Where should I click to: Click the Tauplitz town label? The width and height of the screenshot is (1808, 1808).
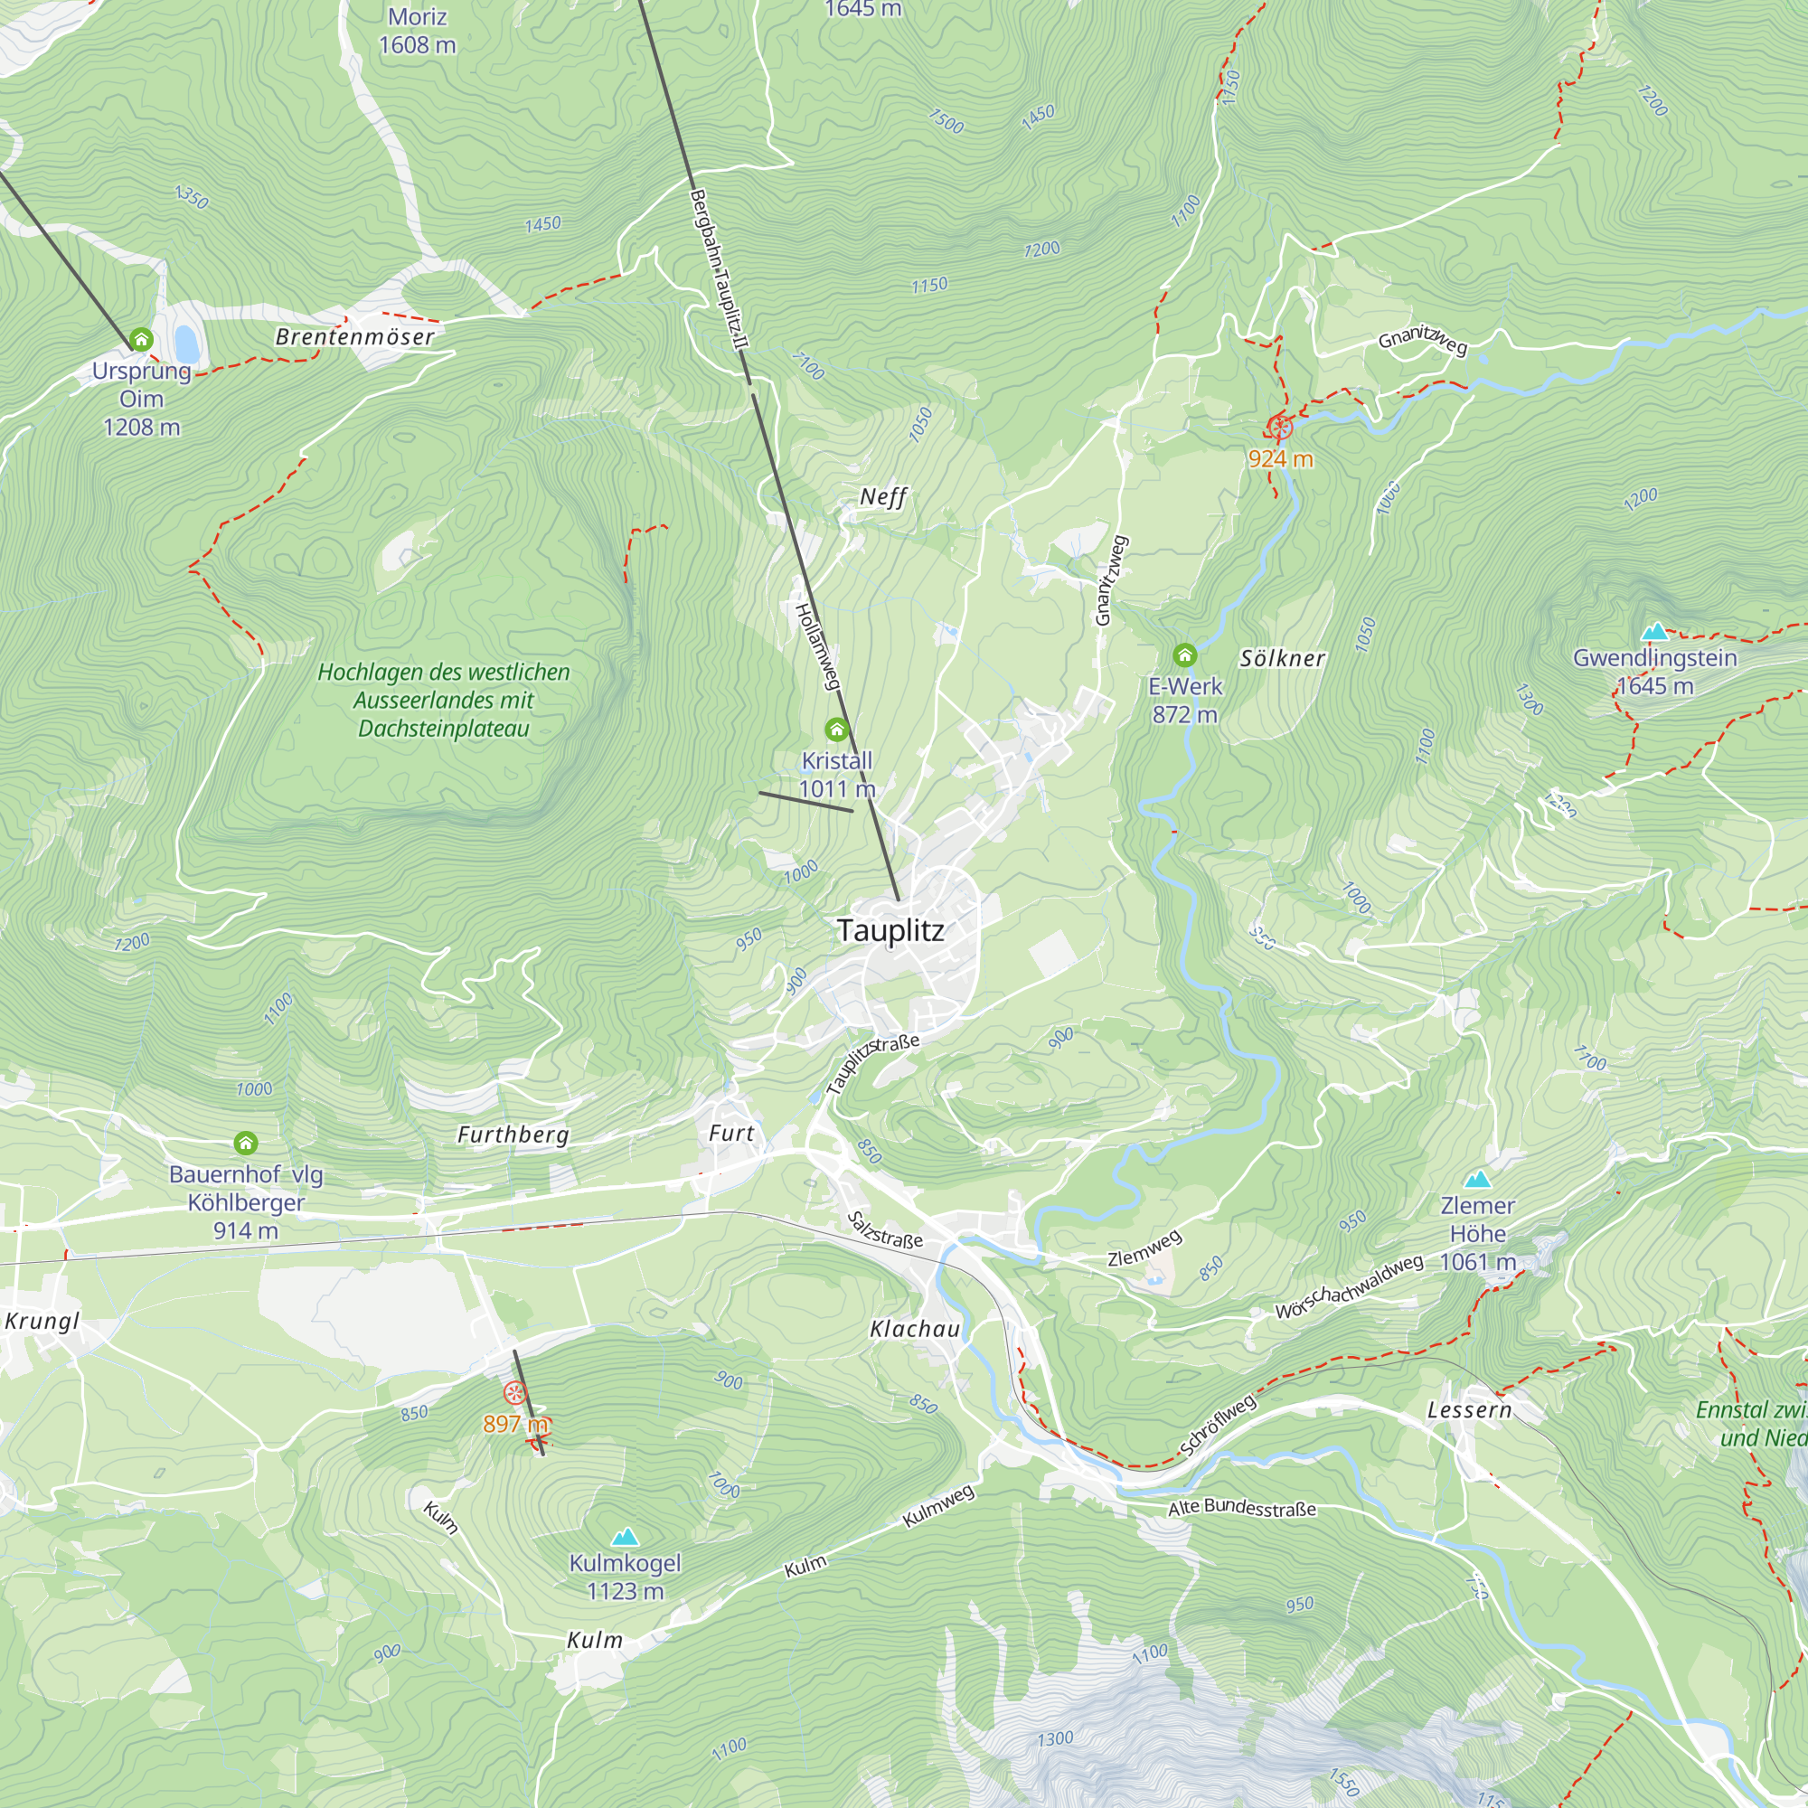890,930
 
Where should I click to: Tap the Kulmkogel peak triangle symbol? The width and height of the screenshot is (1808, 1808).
626,1537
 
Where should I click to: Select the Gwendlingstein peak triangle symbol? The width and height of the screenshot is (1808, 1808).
1655,632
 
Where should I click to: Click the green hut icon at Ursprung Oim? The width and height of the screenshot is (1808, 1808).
141,339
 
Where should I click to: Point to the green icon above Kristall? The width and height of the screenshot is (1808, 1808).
836,729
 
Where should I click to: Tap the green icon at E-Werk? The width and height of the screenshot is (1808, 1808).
1185,655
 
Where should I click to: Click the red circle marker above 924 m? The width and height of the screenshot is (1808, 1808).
1280,428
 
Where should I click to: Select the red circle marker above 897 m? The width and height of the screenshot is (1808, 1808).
513,1393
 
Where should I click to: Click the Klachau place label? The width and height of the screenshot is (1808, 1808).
914,1329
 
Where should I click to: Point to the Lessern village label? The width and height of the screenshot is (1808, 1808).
1468,1410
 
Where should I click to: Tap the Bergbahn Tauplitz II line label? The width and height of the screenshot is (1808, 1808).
719,269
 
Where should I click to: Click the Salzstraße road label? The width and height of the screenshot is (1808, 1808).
884,1229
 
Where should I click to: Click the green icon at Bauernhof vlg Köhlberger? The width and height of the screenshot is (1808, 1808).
245,1143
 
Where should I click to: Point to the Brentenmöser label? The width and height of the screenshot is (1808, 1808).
354,337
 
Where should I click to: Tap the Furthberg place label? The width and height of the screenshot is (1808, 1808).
513,1135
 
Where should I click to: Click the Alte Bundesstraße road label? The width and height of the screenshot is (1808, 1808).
1242,1508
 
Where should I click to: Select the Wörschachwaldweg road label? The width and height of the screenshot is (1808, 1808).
1349,1287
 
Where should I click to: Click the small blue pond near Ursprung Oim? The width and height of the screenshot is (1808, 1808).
186,344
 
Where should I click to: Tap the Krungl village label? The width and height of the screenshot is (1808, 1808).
42,1321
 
